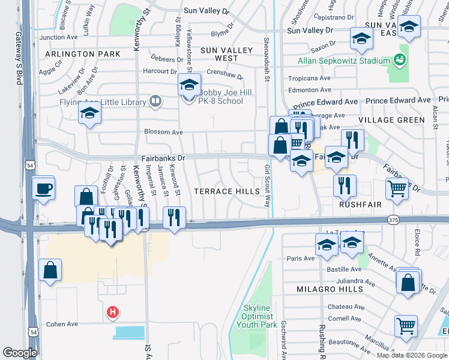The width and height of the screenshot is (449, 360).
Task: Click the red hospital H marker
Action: [x=112, y=311]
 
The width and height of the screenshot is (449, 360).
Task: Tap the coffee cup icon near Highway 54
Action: [x=44, y=189]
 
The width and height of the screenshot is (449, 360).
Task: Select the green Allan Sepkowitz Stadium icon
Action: [x=399, y=60]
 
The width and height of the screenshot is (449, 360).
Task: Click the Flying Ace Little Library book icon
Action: [x=155, y=102]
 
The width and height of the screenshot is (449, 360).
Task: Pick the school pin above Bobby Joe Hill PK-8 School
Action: [x=189, y=86]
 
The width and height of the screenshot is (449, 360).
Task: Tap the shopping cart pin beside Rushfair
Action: [x=397, y=189]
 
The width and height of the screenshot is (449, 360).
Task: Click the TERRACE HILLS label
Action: [x=226, y=191]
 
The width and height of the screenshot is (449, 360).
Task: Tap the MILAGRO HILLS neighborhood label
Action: [x=330, y=289]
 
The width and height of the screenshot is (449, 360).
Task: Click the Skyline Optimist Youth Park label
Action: [x=258, y=316]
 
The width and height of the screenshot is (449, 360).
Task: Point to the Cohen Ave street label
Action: [x=63, y=324]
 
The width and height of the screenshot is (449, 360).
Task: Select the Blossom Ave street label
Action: [x=163, y=132]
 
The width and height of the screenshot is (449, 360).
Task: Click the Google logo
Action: [x=20, y=353]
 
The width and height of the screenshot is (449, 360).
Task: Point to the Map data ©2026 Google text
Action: [x=411, y=355]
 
